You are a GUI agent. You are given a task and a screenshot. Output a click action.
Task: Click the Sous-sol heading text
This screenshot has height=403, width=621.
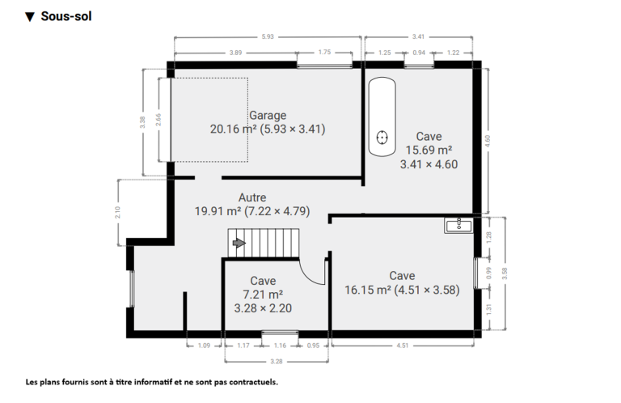tap(66, 16)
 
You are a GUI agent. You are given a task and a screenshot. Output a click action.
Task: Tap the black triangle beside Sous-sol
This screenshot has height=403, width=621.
tap(30, 17)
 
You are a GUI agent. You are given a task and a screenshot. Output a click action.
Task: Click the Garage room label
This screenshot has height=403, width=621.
tap(268, 115)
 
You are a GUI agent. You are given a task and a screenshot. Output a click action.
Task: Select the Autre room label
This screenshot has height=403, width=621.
tap(252, 197)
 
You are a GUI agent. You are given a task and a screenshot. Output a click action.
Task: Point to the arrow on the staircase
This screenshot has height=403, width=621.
tap(239, 243)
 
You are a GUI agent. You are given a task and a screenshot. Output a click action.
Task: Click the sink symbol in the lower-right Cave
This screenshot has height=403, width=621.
tap(458, 226)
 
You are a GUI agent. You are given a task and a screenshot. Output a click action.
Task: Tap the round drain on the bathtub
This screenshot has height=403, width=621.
tap(382, 138)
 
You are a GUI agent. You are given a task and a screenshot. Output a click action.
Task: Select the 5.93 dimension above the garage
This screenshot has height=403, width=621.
tap(268, 37)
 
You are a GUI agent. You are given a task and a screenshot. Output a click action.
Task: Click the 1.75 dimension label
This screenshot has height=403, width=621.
tap(324, 52)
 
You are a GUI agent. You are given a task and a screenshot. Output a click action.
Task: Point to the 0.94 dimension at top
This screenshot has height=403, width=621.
tap(419, 53)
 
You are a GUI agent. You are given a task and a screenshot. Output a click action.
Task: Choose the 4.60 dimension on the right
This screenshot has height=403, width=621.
tap(488, 141)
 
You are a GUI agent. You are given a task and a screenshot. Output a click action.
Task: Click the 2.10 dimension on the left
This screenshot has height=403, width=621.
tap(117, 212)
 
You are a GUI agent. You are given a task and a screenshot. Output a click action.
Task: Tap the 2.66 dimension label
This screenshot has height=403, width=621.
tap(158, 120)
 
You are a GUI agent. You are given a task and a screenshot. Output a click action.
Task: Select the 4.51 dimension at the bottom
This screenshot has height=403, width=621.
tap(403, 346)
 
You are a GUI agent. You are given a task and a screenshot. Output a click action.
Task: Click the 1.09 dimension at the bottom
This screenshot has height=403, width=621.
tap(204, 346)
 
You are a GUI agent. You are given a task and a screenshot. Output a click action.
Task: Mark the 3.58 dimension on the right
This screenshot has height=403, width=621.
tap(505, 274)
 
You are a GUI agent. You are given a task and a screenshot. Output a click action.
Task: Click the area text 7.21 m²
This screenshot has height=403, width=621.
tap(263, 295)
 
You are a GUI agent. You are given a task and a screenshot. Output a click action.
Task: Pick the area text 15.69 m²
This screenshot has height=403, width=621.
tap(429, 151)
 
